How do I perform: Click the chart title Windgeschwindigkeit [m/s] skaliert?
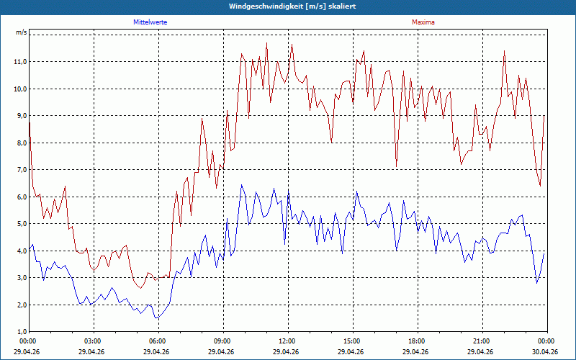coord(292,6)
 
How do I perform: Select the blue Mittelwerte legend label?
coord(150,22)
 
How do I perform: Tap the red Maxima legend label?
coord(423,22)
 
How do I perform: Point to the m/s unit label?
coord(22,32)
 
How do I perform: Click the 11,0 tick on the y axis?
coord(21,62)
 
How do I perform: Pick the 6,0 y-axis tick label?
coord(22,197)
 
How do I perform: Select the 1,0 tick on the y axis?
coord(22,332)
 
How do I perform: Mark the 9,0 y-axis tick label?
coord(22,116)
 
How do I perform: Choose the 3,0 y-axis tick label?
coord(22,278)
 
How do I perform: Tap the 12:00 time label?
coord(287,341)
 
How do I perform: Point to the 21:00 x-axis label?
coord(482,341)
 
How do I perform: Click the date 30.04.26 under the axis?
coord(545,351)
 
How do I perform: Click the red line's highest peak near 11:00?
coord(266,43)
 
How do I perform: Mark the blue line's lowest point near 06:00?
coord(156,318)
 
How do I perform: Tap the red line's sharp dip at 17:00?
coord(397,166)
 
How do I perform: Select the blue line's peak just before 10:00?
coord(241,185)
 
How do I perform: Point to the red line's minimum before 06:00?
coord(140,288)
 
